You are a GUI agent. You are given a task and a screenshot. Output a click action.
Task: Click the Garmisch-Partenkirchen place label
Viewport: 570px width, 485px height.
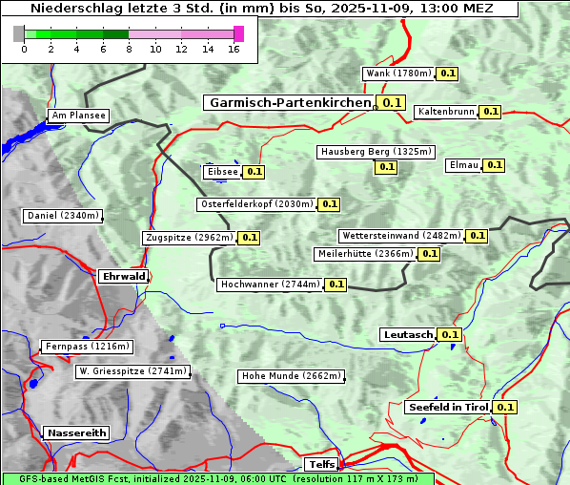point(289,102)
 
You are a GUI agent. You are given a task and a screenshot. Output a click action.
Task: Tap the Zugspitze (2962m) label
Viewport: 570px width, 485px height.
point(188,238)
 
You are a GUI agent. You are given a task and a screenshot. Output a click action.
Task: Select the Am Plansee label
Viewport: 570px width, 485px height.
point(78,116)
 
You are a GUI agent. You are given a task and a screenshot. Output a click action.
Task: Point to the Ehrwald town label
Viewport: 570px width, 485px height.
point(123,277)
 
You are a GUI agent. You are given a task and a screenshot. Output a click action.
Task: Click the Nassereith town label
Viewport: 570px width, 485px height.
point(76,432)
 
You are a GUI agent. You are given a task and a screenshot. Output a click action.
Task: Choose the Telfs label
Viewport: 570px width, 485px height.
point(320,465)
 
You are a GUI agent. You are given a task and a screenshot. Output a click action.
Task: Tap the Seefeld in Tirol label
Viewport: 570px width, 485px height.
point(448,407)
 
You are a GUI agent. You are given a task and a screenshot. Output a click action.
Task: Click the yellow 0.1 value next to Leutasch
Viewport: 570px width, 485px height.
point(450,334)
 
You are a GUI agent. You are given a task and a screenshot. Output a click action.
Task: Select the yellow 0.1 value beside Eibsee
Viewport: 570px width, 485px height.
point(254,172)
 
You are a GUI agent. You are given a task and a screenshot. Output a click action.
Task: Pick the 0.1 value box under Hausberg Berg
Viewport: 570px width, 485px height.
point(386,166)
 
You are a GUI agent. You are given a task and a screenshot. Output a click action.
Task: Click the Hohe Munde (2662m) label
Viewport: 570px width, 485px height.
point(291,376)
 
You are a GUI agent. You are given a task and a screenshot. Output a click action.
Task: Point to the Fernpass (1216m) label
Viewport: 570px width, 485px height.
point(87,347)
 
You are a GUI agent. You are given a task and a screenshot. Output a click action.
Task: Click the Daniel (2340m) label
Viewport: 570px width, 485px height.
point(62,216)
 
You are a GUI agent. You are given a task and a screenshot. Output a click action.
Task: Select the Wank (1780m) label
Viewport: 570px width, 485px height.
point(399,74)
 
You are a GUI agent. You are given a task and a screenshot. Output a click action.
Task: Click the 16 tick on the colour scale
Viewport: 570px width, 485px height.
point(234,49)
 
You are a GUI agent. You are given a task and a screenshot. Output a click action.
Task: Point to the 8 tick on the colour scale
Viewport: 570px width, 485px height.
point(129,49)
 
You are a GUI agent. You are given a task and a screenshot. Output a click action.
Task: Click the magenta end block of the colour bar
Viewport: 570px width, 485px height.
point(238,33)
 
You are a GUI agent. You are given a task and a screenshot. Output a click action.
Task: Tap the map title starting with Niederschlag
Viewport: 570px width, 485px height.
point(259,9)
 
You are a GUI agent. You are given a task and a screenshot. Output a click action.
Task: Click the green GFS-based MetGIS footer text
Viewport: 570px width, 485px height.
point(217,478)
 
